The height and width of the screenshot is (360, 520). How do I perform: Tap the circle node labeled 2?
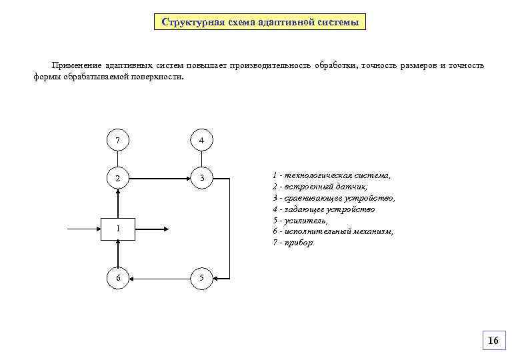[118, 178]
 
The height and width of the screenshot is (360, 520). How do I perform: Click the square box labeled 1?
[118, 229]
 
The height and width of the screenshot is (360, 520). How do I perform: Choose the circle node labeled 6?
[118, 277]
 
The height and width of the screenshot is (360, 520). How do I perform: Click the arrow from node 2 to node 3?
[159, 178]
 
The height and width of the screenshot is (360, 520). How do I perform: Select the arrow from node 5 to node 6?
[159, 277]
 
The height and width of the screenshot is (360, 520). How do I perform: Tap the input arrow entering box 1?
[85, 229]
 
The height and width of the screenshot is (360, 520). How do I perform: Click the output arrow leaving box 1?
[151, 229]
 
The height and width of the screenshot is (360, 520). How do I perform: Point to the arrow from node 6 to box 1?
[118, 252]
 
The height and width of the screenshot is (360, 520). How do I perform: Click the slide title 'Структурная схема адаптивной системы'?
[260, 22]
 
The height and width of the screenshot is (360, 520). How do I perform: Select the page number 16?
[493, 341]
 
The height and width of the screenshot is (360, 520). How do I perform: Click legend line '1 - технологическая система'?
[331, 175]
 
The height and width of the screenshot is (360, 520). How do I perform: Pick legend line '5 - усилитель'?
[300, 220]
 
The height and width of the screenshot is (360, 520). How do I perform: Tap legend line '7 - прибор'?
[294, 243]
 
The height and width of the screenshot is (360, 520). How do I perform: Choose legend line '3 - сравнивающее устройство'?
[333, 198]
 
